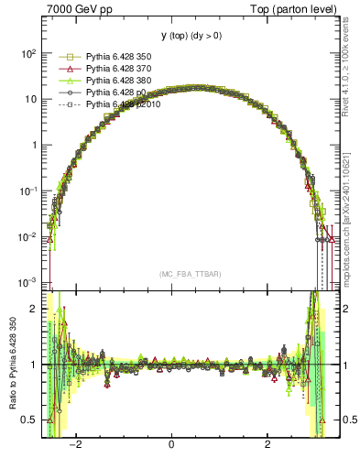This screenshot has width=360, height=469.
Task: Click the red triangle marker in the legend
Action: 66,69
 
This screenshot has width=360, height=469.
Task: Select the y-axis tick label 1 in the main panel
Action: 33,145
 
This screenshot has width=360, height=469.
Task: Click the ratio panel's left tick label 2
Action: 33,309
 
